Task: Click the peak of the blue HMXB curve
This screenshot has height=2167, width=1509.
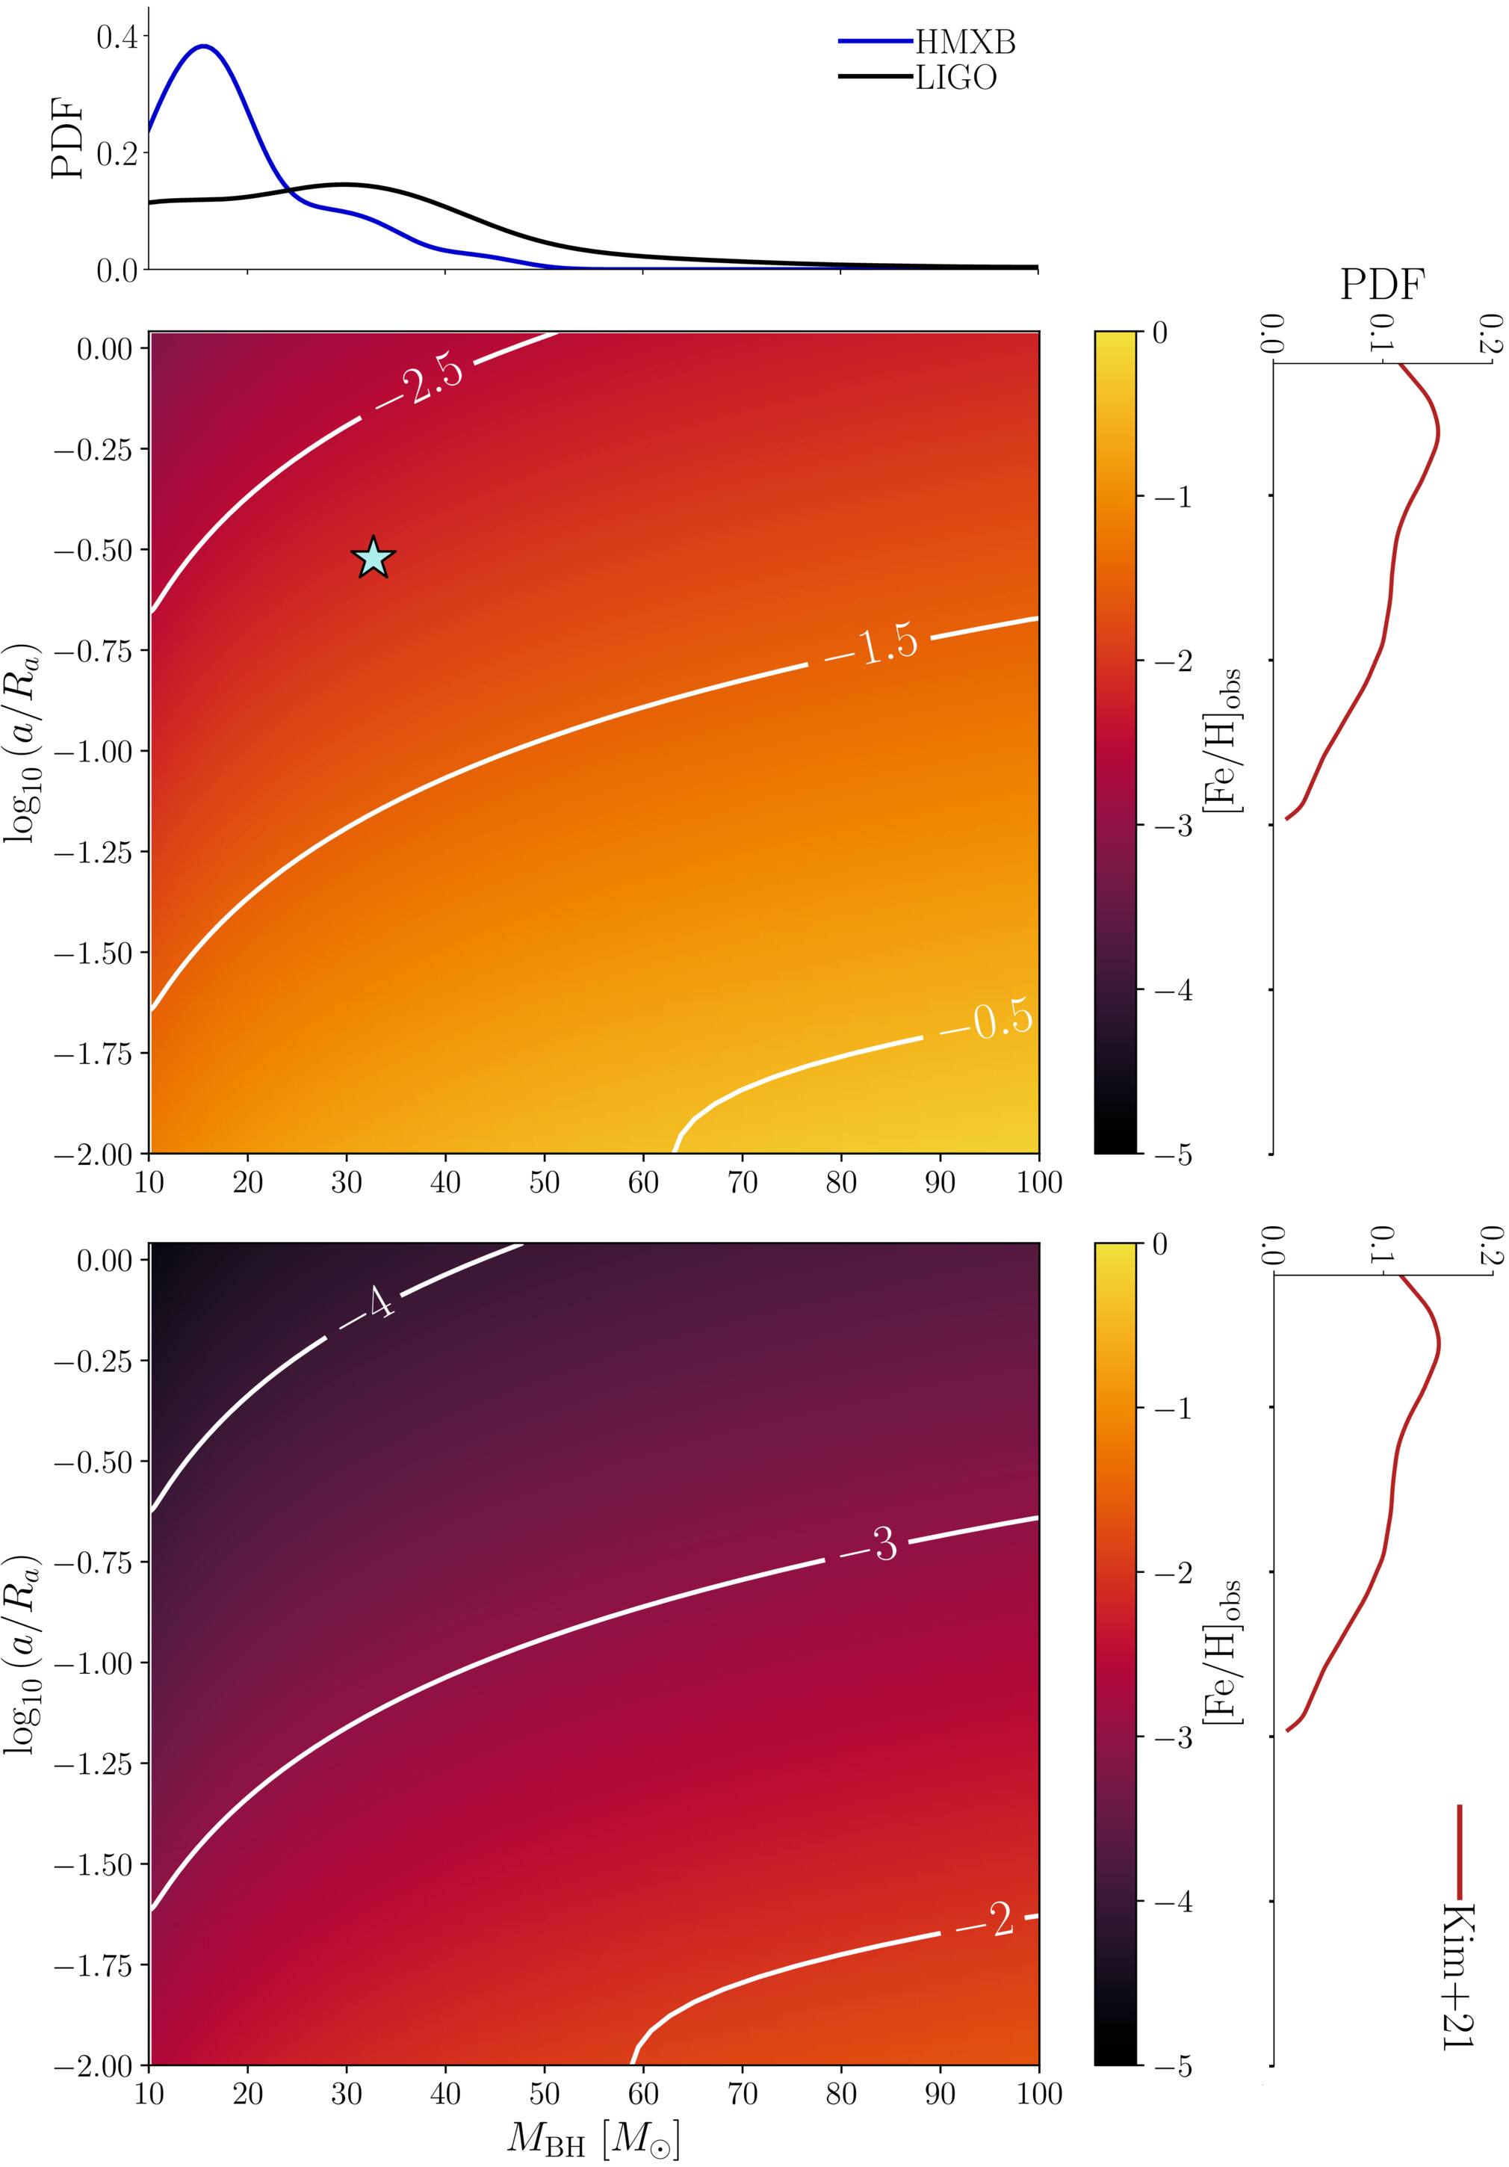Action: [204, 46]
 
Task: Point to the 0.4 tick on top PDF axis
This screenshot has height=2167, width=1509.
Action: [116, 37]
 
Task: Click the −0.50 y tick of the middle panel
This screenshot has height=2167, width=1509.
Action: [93, 549]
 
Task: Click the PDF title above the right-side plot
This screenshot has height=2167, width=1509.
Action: [1381, 283]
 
